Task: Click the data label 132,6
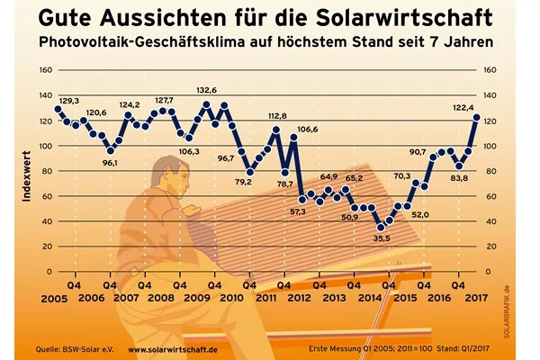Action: (x=206, y=90)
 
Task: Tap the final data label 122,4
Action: (x=462, y=106)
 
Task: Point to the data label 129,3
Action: (x=68, y=101)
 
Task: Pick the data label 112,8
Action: (x=277, y=116)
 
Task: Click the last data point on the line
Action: (x=476, y=118)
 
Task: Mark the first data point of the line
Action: (x=58, y=109)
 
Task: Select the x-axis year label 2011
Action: (x=265, y=297)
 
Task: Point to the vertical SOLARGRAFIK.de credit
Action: (x=519, y=309)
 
